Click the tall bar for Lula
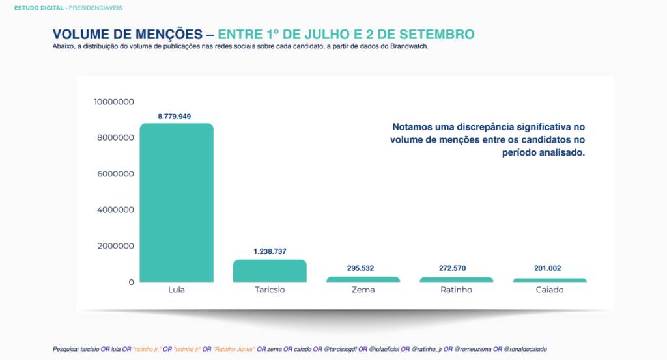[x=177, y=202]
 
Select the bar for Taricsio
[x=270, y=271]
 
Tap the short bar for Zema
[x=363, y=279]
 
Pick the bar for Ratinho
[x=456, y=279]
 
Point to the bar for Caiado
[x=549, y=280]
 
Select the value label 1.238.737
[x=270, y=251]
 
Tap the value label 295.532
[x=363, y=268]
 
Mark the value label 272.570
[x=456, y=268]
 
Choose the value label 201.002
[x=549, y=268]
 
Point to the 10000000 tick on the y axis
[x=114, y=102]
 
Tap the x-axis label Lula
[x=177, y=290]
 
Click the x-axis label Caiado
[x=549, y=290]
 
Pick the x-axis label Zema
[x=363, y=290]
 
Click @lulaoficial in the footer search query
[x=386, y=350]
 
